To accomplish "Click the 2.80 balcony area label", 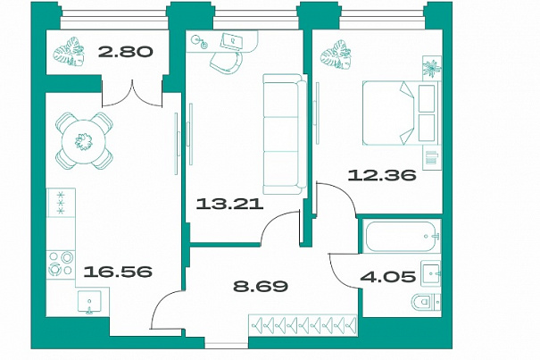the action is [x=125, y=52].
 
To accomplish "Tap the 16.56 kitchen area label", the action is [x=118, y=272].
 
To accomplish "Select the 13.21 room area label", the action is [x=229, y=205].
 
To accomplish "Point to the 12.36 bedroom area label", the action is [x=382, y=175].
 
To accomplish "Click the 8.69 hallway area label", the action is [x=261, y=286].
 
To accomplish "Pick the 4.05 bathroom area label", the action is [x=387, y=276].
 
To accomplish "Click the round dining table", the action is [x=84, y=141].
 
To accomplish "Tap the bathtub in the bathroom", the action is [x=403, y=237].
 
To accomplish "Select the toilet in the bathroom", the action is [x=426, y=303].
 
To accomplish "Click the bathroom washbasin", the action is [x=431, y=273].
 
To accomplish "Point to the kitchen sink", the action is [x=89, y=303].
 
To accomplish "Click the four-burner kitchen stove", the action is [x=61, y=264].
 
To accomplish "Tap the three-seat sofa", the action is [x=285, y=134].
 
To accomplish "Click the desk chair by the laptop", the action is [x=226, y=63].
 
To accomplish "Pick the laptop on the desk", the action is [x=231, y=41].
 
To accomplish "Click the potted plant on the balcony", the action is [x=69, y=52].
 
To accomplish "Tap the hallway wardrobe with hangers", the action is [x=303, y=324].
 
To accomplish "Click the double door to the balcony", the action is [x=132, y=93].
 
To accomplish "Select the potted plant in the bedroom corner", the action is [x=336, y=54].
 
